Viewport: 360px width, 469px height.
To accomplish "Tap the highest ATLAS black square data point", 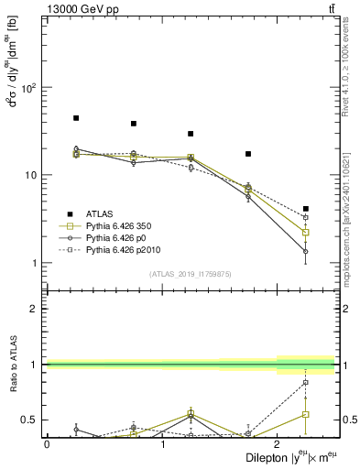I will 76,118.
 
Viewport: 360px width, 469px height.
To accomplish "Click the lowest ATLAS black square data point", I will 305,209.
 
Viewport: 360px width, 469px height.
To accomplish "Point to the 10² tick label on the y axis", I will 30,88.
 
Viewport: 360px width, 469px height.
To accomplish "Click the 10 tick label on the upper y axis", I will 32,175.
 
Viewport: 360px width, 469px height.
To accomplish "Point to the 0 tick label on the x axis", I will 47,443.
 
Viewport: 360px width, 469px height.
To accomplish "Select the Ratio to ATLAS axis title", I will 12,365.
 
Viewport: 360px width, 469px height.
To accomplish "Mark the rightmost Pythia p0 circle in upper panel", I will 305,251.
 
